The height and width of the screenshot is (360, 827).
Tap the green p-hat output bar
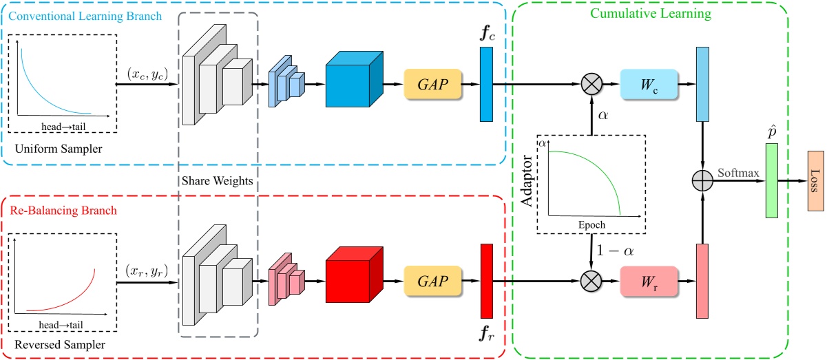pos(771,180)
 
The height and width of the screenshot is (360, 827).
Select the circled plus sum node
pos(701,180)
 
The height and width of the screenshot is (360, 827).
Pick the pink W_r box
pos(648,281)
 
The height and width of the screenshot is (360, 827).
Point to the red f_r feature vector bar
pos(486,281)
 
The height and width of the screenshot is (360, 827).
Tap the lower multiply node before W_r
pos(592,281)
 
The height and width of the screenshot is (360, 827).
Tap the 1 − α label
pos(616,251)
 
